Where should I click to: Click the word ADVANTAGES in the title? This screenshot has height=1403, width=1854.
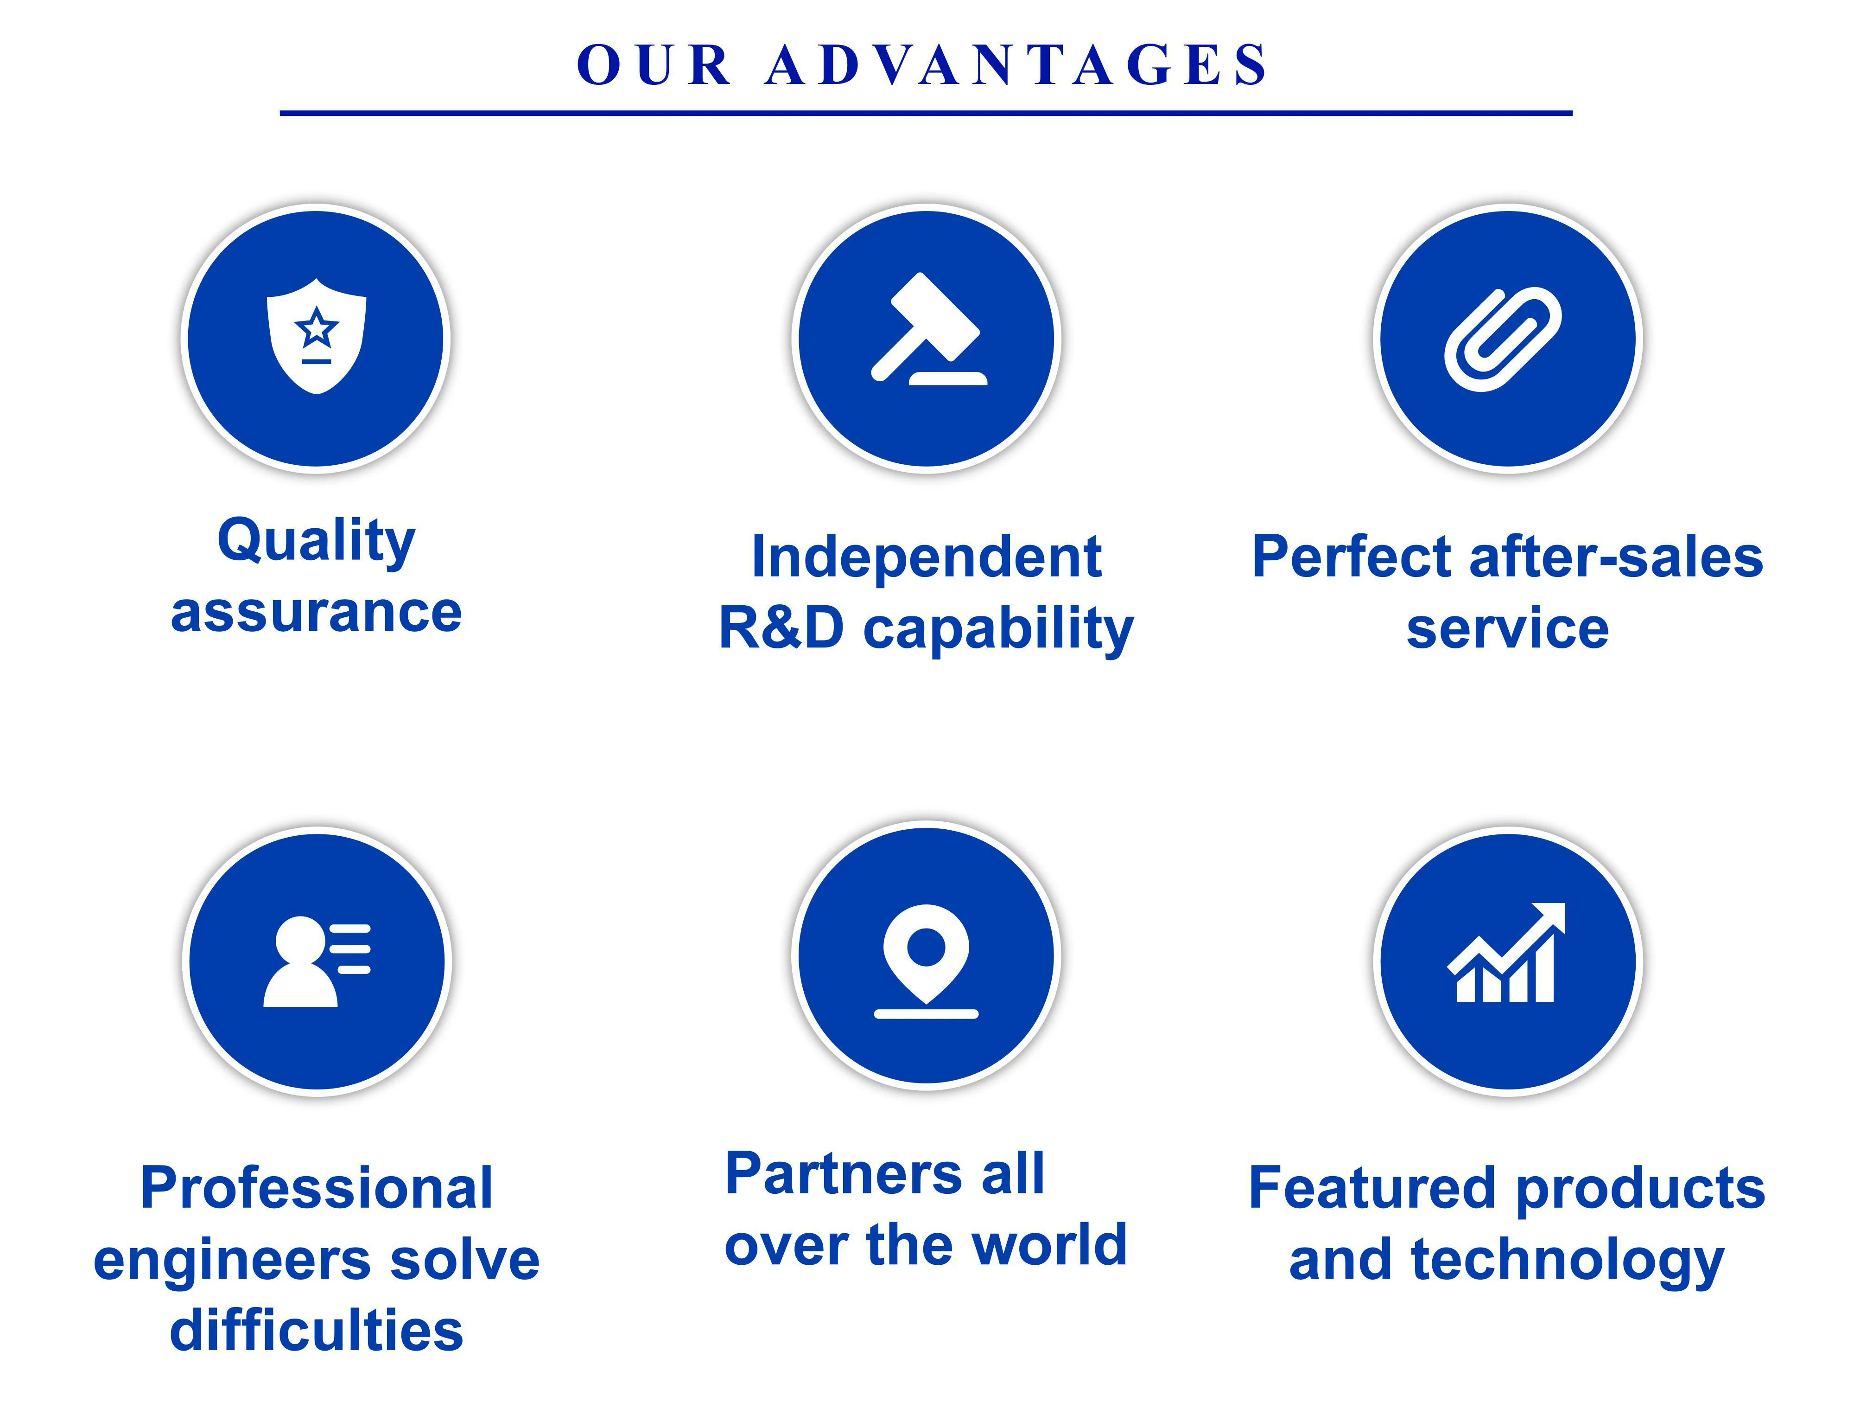click(x=1016, y=64)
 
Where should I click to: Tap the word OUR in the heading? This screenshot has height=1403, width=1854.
click(x=654, y=64)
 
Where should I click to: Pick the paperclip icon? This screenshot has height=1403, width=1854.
click(x=1503, y=339)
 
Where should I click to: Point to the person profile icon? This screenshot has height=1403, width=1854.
click(x=317, y=961)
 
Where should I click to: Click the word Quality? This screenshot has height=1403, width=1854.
click(x=316, y=541)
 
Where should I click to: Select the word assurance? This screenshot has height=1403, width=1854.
click(x=316, y=612)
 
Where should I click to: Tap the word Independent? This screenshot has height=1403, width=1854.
click(x=926, y=557)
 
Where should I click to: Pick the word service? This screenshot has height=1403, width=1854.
click(x=1507, y=629)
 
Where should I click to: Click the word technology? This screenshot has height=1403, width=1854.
click(x=1568, y=1261)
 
